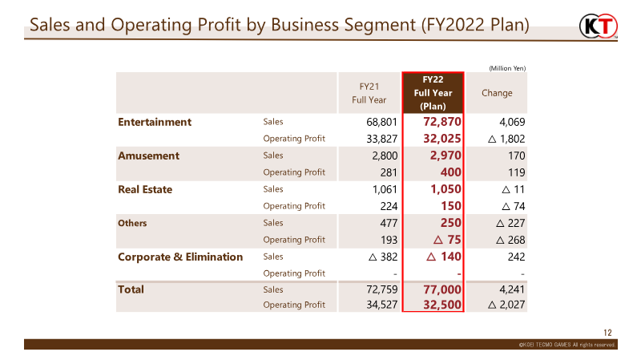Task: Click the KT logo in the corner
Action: pos(598,26)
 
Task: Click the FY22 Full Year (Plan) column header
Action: pos(433,93)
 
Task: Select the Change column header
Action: pos(497,93)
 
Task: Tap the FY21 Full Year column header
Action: pos(369,93)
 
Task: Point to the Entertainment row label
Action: pos(155,122)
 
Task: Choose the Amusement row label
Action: pos(148,156)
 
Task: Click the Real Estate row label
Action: pos(145,189)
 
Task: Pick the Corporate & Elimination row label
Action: pos(180,257)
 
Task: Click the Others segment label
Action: pos(132,223)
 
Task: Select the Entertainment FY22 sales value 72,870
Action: pos(442,122)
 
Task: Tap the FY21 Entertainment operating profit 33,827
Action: pos(382,139)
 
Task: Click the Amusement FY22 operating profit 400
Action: pos(451,172)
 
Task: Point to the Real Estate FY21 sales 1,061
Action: pos(385,189)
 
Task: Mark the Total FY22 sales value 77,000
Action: pos(442,289)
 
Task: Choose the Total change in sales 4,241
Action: pos(512,289)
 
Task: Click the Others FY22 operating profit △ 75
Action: pos(447,240)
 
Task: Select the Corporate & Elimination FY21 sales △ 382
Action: pos(383,257)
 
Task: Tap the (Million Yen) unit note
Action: pos(507,68)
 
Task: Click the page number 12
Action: pos(607,333)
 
